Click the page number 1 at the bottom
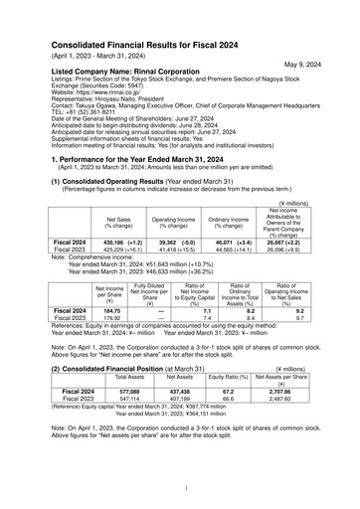click(x=186, y=488)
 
